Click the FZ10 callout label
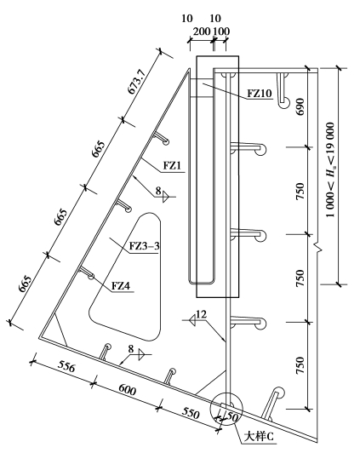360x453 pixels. pyautogui.click(x=260, y=94)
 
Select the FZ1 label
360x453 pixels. pyautogui.click(x=173, y=165)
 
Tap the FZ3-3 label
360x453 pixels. pyautogui.click(x=145, y=246)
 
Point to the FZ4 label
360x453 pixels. pyautogui.click(x=121, y=286)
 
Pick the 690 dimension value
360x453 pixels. pyautogui.click(x=300, y=106)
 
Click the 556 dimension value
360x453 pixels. pyautogui.click(x=66, y=366)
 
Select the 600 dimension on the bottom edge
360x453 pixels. pyautogui.click(x=127, y=389)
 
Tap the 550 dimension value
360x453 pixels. pyautogui.click(x=191, y=414)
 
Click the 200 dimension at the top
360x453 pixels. pyautogui.click(x=202, y=32)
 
